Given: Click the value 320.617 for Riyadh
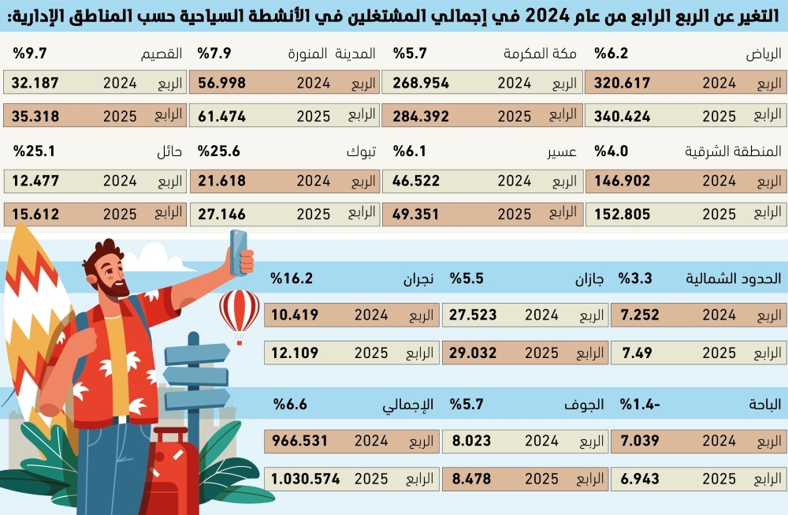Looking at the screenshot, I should [x=622, y=83].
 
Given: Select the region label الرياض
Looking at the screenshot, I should [x=764, y=54].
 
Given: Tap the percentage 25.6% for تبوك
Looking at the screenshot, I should [x=218, y=151].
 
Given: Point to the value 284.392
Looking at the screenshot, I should [x=422, y=116].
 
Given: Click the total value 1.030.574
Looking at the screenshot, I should [x=306, y=478].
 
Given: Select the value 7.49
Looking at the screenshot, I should [x=637, y=353].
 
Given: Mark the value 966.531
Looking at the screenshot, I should [x=299, y=441].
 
